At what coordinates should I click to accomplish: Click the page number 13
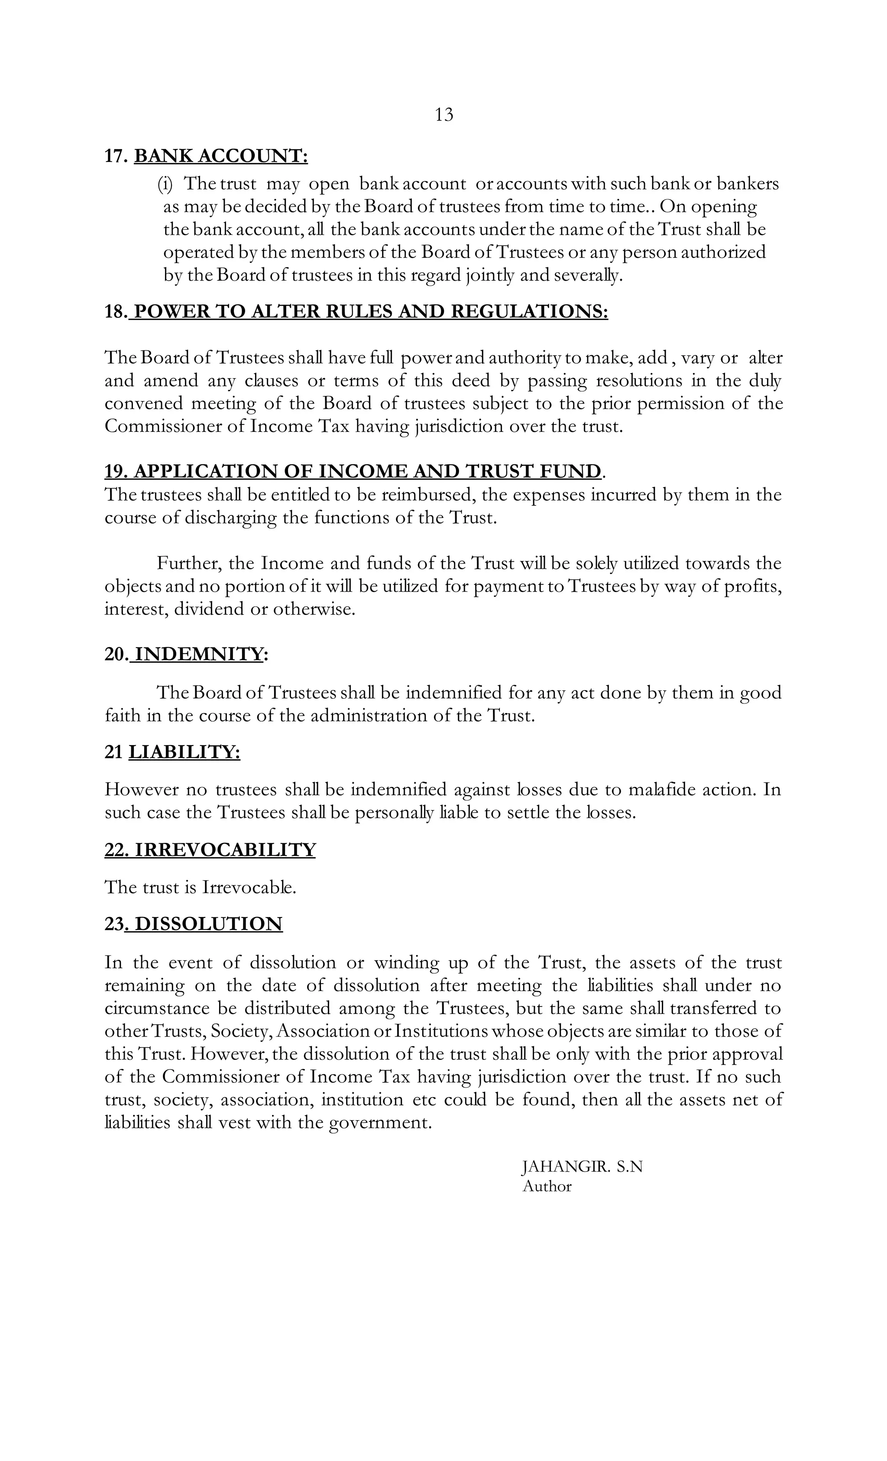coord(443,114)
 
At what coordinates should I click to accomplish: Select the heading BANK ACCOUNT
coord(221,156)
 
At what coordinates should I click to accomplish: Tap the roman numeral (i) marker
coord(164,184)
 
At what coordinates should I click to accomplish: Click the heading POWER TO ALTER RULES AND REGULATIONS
coord(371,311)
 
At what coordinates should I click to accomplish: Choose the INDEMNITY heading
coord(199,654)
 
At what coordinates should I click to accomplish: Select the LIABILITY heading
coord(185,752)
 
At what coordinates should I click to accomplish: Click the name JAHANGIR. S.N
coord(582,1167)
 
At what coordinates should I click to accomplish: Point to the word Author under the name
coord(547,1186)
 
